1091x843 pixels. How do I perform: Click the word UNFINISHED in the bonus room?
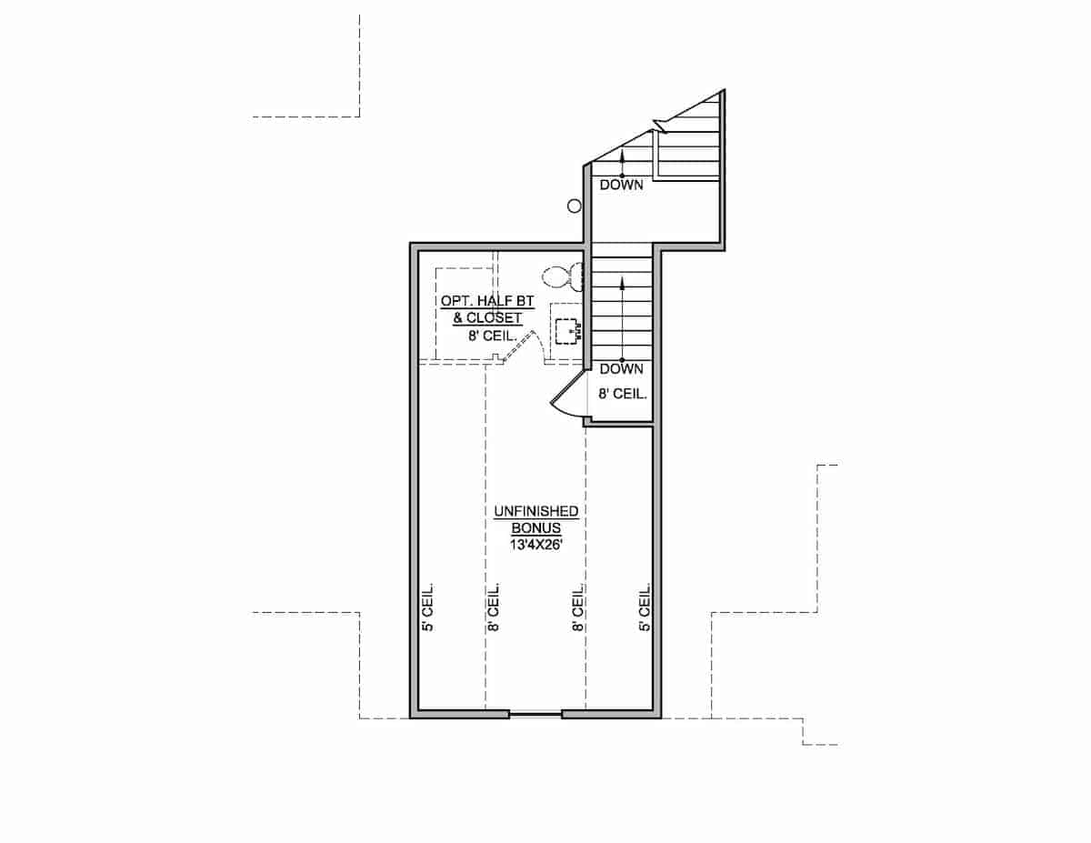(535, 513)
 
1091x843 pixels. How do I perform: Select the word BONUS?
(535, 528)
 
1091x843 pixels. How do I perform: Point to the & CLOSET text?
(487, 318)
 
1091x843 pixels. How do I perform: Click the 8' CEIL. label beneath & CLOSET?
(492, 336)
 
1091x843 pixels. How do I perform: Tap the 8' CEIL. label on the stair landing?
(622, 395)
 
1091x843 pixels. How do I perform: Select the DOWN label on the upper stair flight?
(621, 186)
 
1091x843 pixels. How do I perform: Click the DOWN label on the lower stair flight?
(621, 369)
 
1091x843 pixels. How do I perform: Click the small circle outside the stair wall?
(575, 206)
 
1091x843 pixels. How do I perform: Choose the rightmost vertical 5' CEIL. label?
(645, 607)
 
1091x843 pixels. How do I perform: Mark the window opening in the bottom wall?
(535, 714)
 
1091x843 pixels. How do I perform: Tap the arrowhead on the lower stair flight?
(622, 284)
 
